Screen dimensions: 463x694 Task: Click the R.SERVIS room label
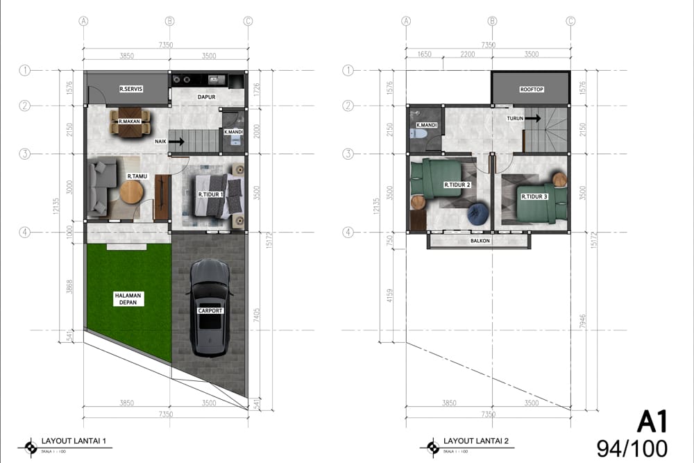coord(130,89)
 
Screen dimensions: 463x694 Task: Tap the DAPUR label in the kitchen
coord(204,98)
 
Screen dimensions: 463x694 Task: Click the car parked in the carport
coord(210,307)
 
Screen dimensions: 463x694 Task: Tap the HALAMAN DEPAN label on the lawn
coord(128,298)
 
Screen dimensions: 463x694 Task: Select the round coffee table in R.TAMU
coord(130,191)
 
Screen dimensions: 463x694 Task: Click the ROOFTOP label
coord(531,90)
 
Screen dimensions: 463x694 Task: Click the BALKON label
coord(480,241)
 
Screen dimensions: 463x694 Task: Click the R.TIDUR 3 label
coord(534,196)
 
